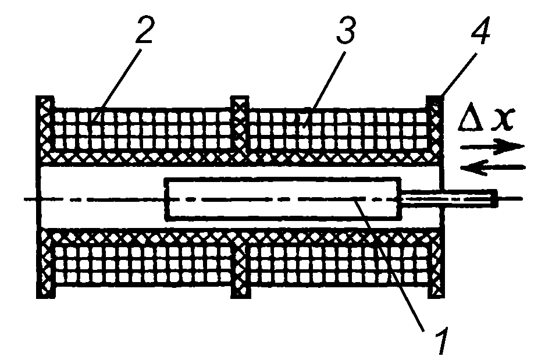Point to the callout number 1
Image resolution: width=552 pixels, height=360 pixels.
pyautogui.click(x=440, y=340)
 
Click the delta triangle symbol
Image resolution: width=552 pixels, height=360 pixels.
pyautogui.click(x=471, y=117)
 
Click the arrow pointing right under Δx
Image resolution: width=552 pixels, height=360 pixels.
pyautogui.click(x=493, y=147)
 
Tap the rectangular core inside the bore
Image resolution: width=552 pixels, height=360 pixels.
pyautogui.click(x=283, y=199)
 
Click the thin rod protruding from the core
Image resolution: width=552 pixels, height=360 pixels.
pyautogui.click(x=450, y=198)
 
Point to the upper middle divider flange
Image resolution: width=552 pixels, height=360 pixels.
pyautogui.click(x=240, y=125)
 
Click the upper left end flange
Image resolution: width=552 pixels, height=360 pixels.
pyautogui.click(x=45, y=129)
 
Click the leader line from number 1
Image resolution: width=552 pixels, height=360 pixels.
pyautogui.click(x=389, y=265)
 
